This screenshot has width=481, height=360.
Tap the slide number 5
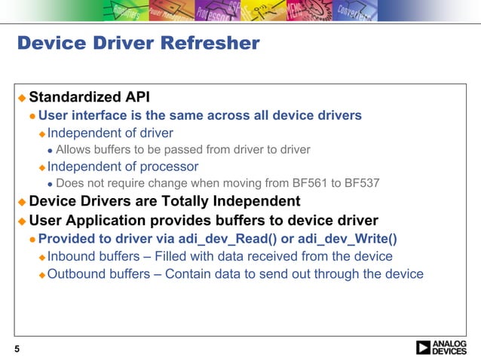pyautogui.click(x=17, y=348)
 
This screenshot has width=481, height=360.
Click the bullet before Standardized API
pyautogui.click(x=22, y=98)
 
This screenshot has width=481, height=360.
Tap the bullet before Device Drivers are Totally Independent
pyautogui.click(x=22, y=203)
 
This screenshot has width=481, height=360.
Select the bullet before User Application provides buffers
pyautogui.click(x=22, y=221)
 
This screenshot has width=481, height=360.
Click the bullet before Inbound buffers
pyautogui.click(x=42, y=257)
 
